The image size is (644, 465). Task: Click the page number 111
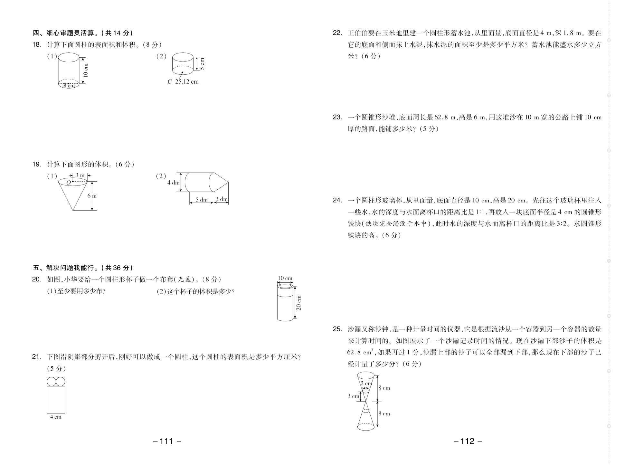point(167,441)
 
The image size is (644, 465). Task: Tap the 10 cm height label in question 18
point(86,70)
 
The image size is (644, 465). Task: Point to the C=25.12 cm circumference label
point(183,82)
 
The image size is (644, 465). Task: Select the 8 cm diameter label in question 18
point(69,86)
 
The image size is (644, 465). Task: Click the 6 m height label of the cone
point(92,196)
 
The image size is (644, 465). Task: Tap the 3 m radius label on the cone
point(80,176)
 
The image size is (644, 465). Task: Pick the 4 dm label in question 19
point(173,183)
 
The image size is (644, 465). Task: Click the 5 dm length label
point(202,200)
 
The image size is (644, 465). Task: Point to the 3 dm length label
point(222,199)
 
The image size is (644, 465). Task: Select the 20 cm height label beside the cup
point(298,303)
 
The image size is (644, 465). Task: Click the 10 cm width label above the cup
point(285,278)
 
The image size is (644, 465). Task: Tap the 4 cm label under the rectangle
point(56,417)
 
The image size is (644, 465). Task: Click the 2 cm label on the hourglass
point(366,384)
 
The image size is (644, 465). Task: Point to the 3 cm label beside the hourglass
point(353,396)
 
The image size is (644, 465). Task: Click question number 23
point(337,117)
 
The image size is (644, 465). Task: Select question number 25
point(337,329)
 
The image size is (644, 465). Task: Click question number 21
point(36,356)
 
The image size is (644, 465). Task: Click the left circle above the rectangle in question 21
point(52,382)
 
